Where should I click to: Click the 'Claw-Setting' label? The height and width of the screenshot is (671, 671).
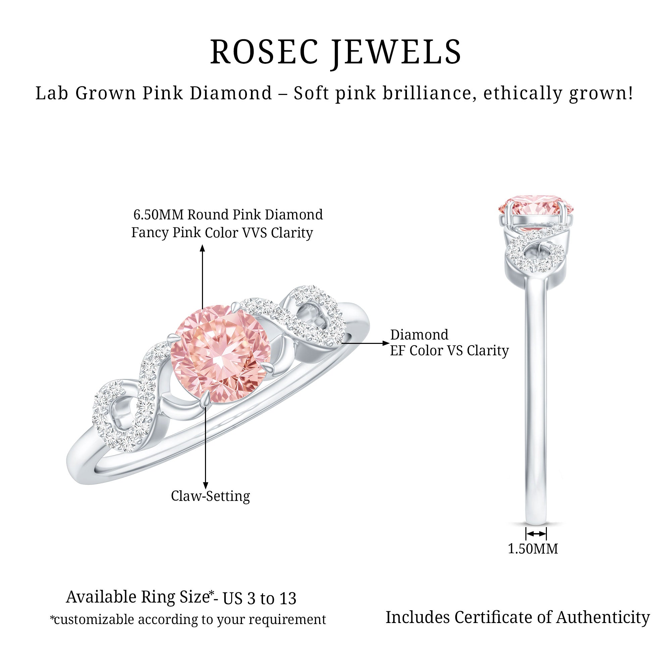[210, 496]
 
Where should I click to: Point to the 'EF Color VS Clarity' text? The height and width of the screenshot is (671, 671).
[449, 351]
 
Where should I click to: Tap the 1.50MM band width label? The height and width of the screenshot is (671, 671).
[533, 549]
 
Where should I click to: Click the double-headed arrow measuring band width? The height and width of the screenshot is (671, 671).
[536, 533]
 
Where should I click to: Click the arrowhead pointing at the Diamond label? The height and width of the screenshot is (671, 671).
[385, 343]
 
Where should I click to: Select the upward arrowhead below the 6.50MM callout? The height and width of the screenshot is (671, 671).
[203, 248]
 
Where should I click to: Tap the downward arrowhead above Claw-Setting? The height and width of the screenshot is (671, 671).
[206, 486]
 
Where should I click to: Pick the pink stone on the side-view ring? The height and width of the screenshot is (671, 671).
[536, 211]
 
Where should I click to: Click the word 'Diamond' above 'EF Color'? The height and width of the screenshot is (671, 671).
[419, 335]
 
